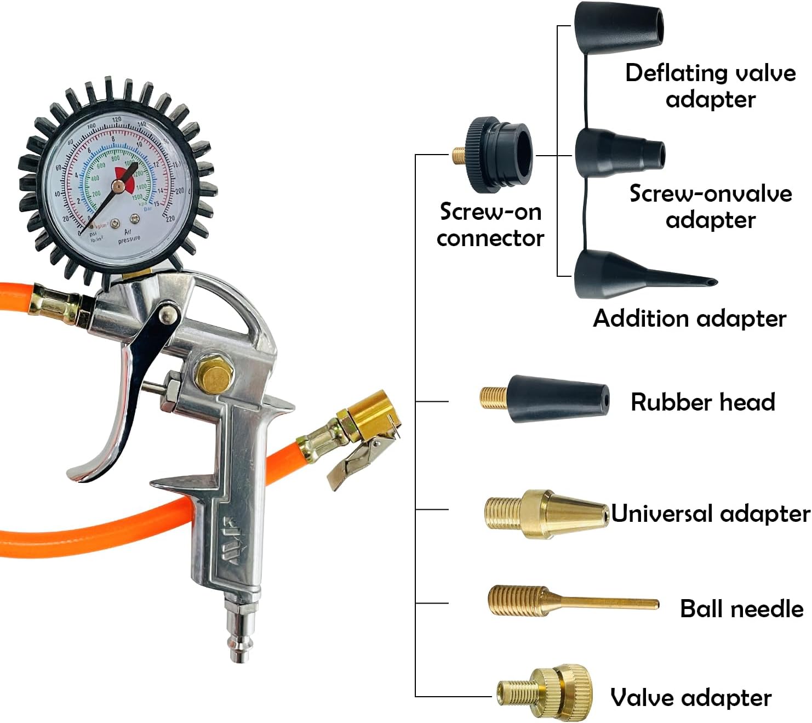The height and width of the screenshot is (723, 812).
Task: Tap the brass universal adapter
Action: tap(545, 514)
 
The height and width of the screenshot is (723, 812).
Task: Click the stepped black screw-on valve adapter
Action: tap(619, 153)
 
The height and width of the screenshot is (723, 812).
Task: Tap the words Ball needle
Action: tap(741, 608)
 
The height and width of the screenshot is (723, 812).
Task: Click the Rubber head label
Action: tap(703, 402)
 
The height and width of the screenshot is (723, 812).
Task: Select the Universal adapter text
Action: tap(710, 514)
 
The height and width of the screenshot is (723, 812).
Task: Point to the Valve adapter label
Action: tap(691, 698)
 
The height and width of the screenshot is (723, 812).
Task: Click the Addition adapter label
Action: tap(689, 318)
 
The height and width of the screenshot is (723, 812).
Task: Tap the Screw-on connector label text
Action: tap(490, 225)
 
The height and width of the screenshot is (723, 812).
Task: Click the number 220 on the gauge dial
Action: tap(170, 218)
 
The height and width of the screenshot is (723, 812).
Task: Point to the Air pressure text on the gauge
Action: tap(129, 236)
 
